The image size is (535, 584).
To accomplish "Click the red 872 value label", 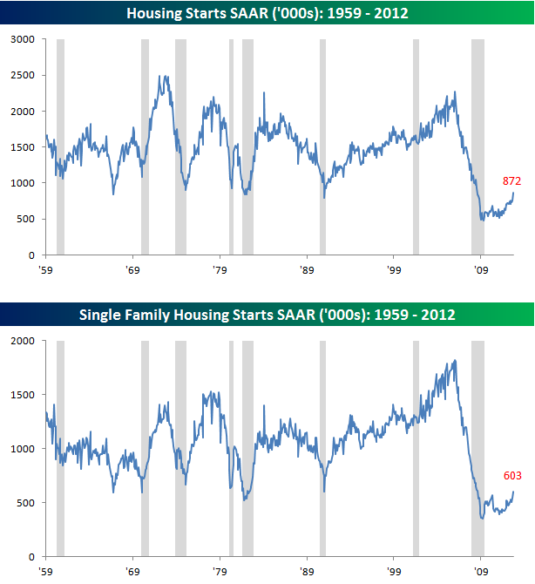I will [512, 181].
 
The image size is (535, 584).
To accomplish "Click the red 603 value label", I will [512, 476].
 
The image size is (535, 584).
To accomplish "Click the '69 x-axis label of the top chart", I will [132, 270].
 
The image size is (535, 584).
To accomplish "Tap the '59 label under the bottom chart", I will [46, 571].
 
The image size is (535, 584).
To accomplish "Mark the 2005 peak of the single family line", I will [455, 361].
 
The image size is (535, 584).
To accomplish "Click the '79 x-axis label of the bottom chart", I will [220, 571].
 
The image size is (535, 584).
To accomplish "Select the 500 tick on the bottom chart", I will [27, 503].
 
